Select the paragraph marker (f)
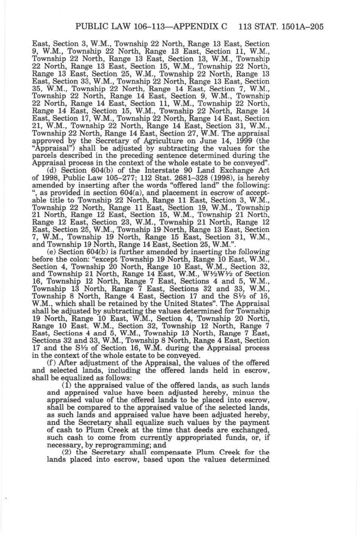[52, 363]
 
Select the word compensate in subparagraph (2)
[173, 452]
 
